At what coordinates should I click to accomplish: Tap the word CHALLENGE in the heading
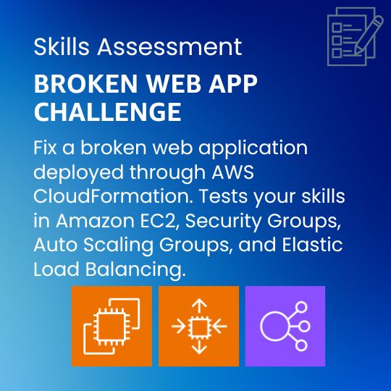point(107,112)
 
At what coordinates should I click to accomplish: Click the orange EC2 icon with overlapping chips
point(112,326)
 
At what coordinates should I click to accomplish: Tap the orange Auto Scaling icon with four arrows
point(198,326)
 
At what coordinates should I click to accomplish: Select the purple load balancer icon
point(285,326)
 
